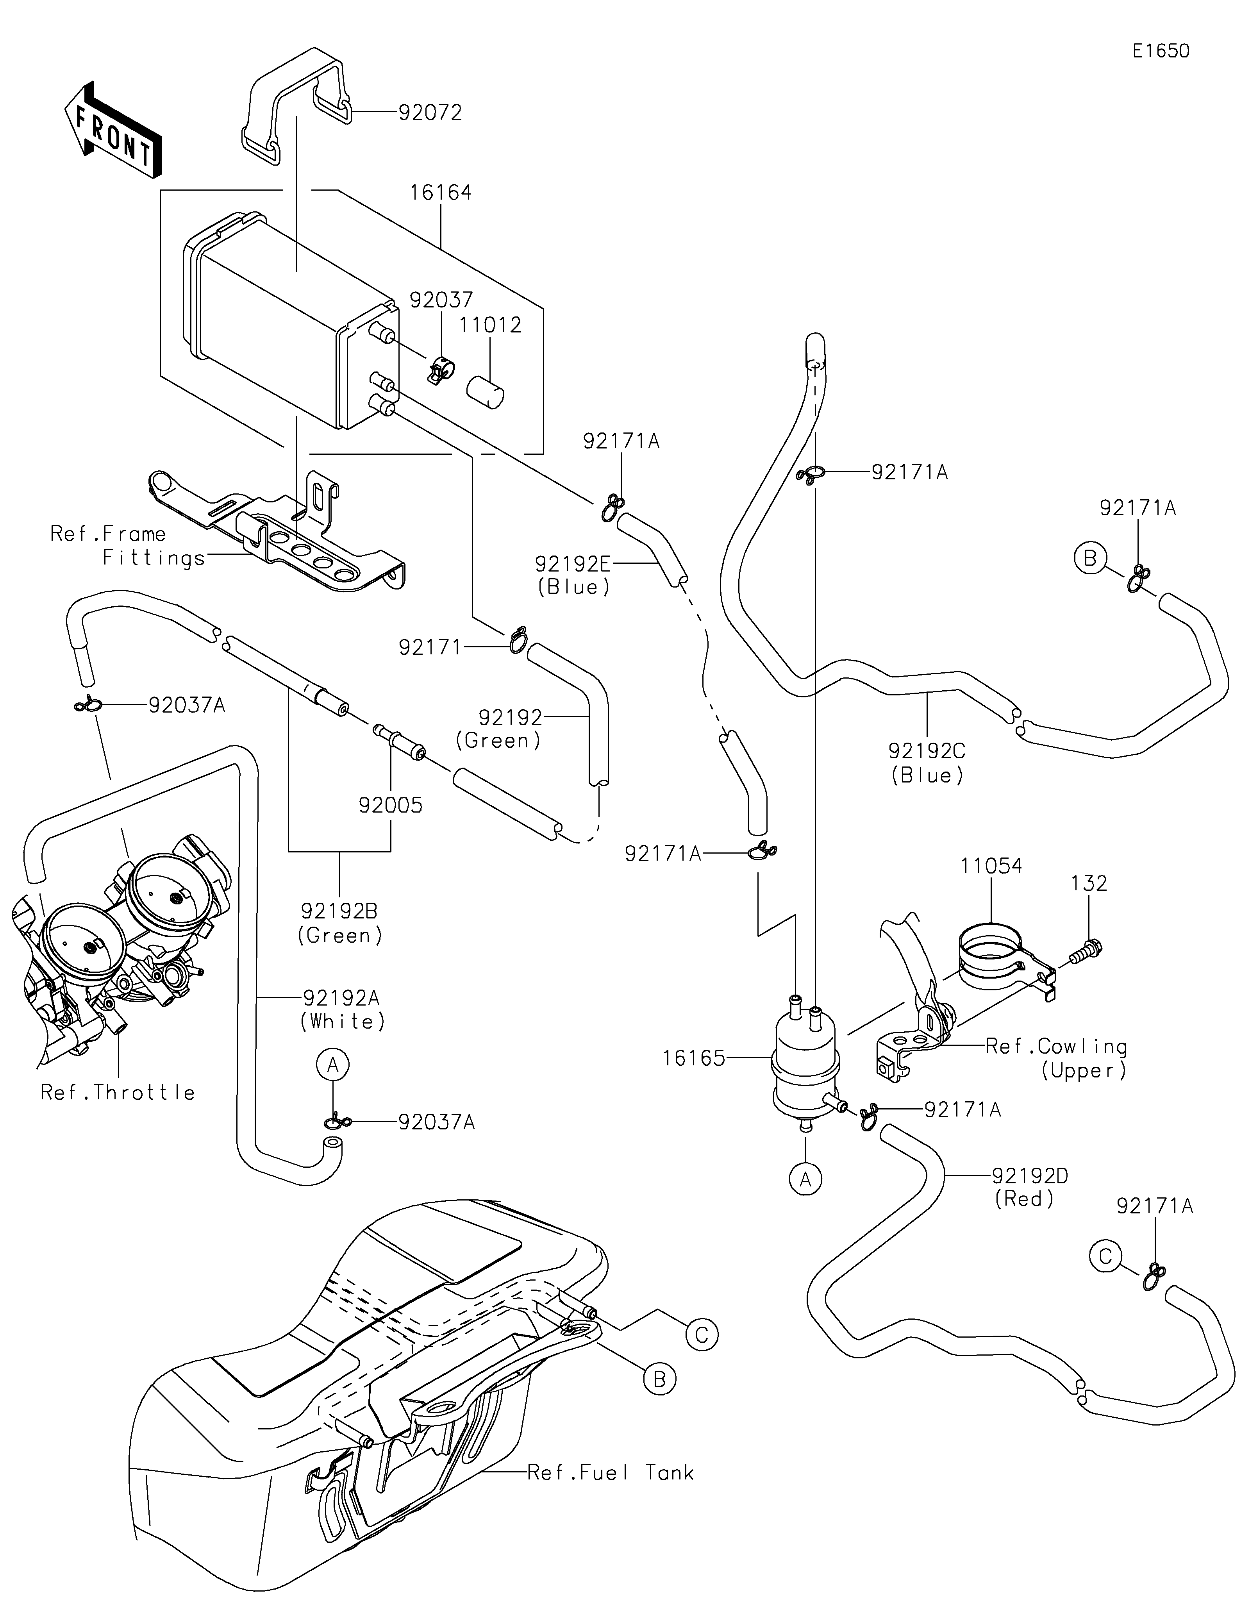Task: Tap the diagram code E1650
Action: click(1161, 51)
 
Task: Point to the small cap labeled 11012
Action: click(485, 390)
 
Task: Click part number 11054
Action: click(991, 866)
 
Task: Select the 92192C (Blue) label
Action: click(927, 763)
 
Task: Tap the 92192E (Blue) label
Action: click(573, 575)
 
